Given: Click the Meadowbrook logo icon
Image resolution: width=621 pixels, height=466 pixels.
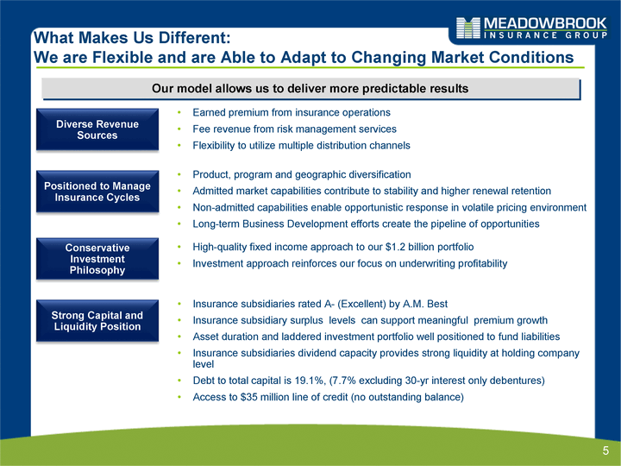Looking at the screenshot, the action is pyautogui.click(x=468, y=28).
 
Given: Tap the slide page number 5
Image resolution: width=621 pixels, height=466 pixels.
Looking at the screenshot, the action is pyautogui.click(x=605, y=450).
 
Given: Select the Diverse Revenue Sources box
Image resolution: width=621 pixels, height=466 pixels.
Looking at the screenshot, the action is pyautogui.click(x=97, y=129).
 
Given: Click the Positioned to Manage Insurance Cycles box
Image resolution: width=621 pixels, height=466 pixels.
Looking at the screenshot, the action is pyautogui.click(x=97, y=192).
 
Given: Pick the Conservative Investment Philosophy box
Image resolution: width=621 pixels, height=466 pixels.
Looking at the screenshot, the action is pyautogui.click(x=97, y=259).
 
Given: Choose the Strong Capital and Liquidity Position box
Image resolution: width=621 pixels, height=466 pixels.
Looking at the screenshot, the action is pyautogui.click(x=97, y=320).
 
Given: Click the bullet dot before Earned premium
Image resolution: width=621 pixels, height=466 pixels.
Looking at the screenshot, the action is pyautogui.click(x=179, y=113).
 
